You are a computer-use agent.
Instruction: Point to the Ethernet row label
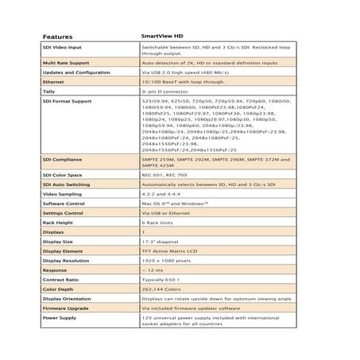[x=56, y=82]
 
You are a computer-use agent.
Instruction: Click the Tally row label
[x=49, y=91]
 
